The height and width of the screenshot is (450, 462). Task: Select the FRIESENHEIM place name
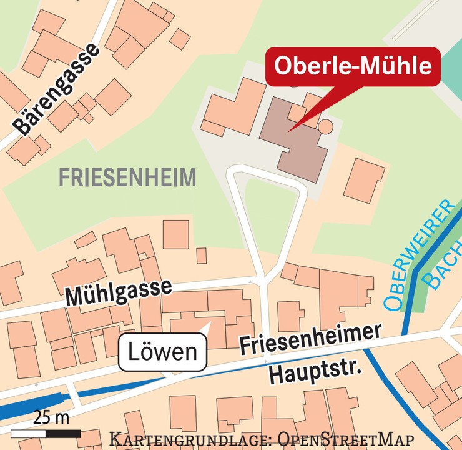[127, 178]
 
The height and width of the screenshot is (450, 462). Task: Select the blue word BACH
[441, 270]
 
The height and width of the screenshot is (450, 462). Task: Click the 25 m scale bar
[46, 433]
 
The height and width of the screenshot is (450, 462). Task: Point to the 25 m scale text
[52, 416]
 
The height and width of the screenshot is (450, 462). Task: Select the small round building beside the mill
[325, 127]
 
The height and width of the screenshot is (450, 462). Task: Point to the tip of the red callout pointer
[288, 131]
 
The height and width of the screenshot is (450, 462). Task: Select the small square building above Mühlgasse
[201, 256]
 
